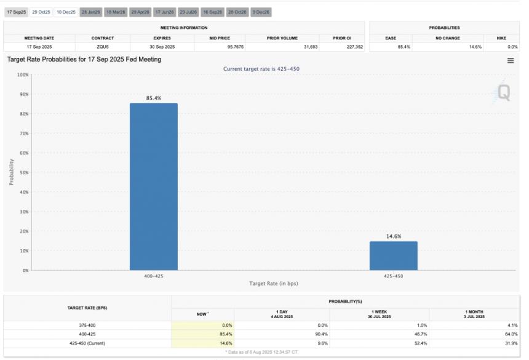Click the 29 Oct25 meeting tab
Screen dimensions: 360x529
[41, 12]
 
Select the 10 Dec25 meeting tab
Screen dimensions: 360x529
[66, 12]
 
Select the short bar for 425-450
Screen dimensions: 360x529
[393, 255]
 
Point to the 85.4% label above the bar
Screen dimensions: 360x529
[153, 98]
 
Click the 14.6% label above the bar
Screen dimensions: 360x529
[393, 236]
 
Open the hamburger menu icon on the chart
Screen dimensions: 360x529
[510, 60]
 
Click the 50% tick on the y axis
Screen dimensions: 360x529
[23, 172]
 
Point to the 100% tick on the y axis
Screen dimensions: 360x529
[22, 74]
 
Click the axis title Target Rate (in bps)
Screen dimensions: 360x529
[273, 283]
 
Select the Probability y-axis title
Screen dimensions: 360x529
[11, 172]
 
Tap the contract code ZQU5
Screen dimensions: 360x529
[103, 47]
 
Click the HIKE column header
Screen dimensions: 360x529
[501, 38]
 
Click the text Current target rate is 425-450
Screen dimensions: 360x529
[261, 69]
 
